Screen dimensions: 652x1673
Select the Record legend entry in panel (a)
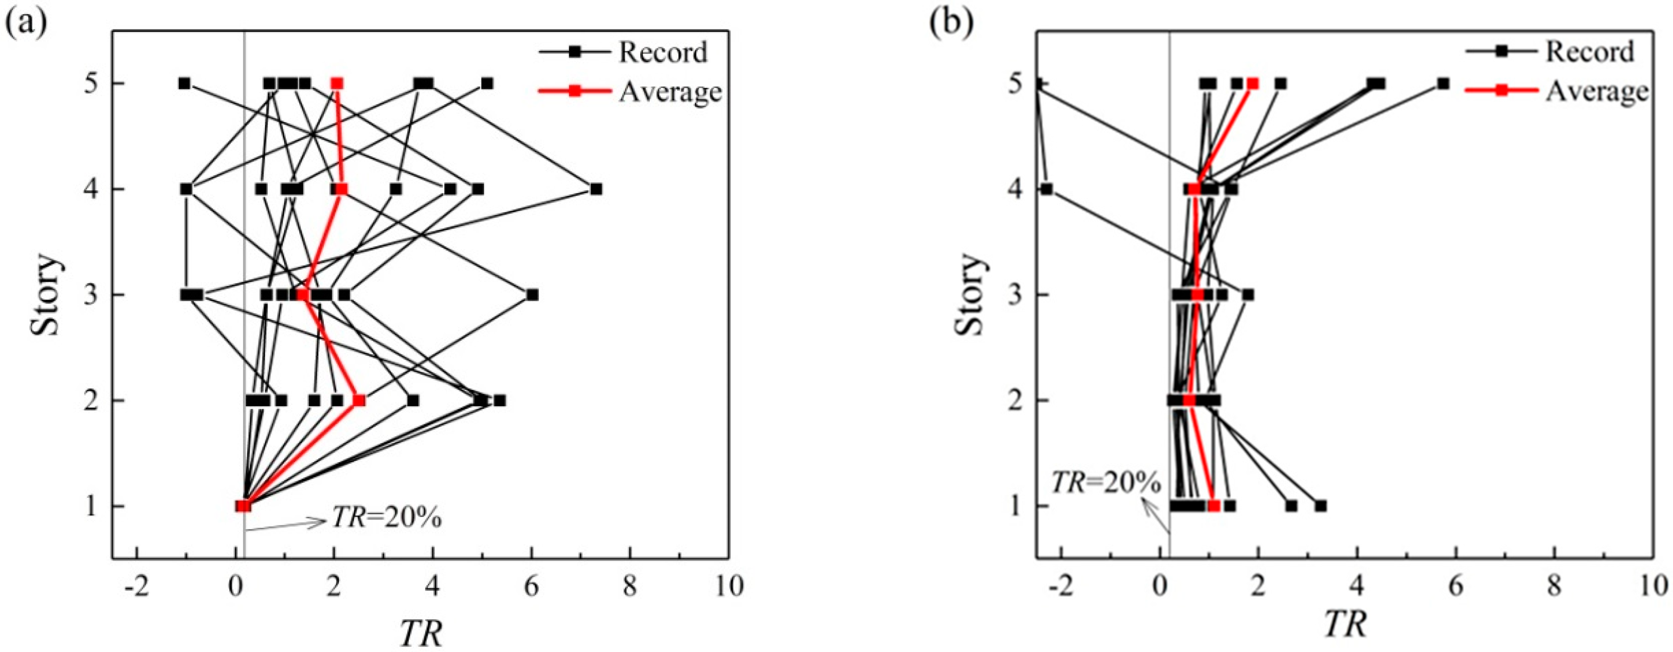(662, 53)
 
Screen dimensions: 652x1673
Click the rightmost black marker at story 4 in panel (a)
(596, 189)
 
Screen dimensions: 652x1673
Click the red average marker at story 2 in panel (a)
(358, 401)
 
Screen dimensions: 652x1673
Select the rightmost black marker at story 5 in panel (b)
(1443, 84)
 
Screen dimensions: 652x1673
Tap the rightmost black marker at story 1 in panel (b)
(1321, 506)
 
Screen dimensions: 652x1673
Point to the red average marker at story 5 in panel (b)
(1253, 84)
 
